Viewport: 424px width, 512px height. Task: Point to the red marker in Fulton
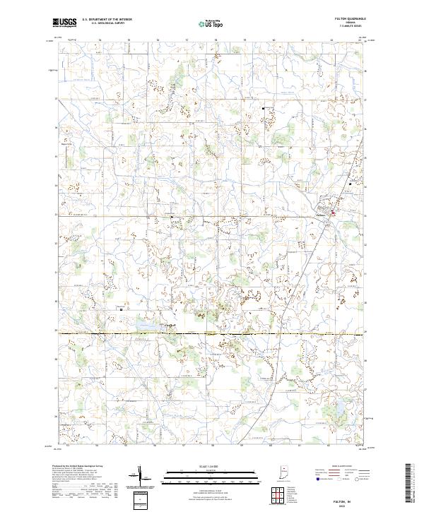[334, 210]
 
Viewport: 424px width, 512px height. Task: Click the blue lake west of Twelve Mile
[142, 326]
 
